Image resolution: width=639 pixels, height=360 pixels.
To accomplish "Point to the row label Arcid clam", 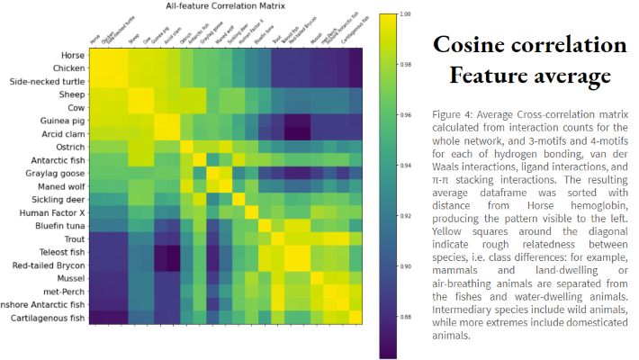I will [64, 133].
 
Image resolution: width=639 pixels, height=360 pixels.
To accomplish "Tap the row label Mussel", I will [70, 278].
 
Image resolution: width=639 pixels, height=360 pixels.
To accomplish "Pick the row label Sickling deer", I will [58, 200].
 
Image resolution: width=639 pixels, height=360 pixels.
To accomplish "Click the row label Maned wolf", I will [61, 186].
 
